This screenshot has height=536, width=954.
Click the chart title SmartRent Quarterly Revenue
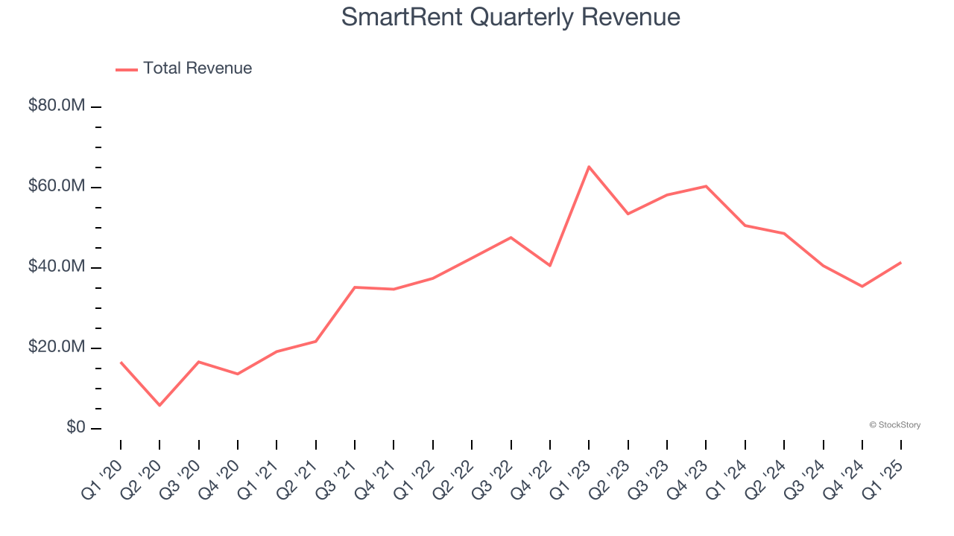pyautogui.click(x=511, y=17)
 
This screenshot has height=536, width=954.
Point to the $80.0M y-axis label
pyautogui.click(x=57, y=106)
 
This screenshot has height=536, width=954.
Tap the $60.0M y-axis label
pyautogui.click(x=57, y=187)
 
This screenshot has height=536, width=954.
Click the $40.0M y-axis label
pyautogui.click(x=57, y=267)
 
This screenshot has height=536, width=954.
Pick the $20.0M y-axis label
pyautogui.click(x=57, y=348)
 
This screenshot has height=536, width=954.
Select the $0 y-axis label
pyautogui.click(x=76, y=428)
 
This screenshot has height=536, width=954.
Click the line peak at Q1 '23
pyautogui.click(x=589, y=167)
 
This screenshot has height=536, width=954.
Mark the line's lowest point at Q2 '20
pyautogui.click(x=159, y=405)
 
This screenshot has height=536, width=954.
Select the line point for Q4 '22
pyautogui.click(x=550, y=265)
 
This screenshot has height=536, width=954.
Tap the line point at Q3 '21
pyautogui.click(x=355, y=287)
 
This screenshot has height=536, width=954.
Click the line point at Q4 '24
pyautogui.click(x=862, y=286)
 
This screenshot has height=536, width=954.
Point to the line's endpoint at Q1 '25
pyautogui.click(x=901, y=262)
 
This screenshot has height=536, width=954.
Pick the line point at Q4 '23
pyautogui.click(x=706, y=186)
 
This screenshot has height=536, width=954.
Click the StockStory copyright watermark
pyautogui.click(x=894, y=425)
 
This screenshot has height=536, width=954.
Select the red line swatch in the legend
pyautogui.click(x=127, y=69)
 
